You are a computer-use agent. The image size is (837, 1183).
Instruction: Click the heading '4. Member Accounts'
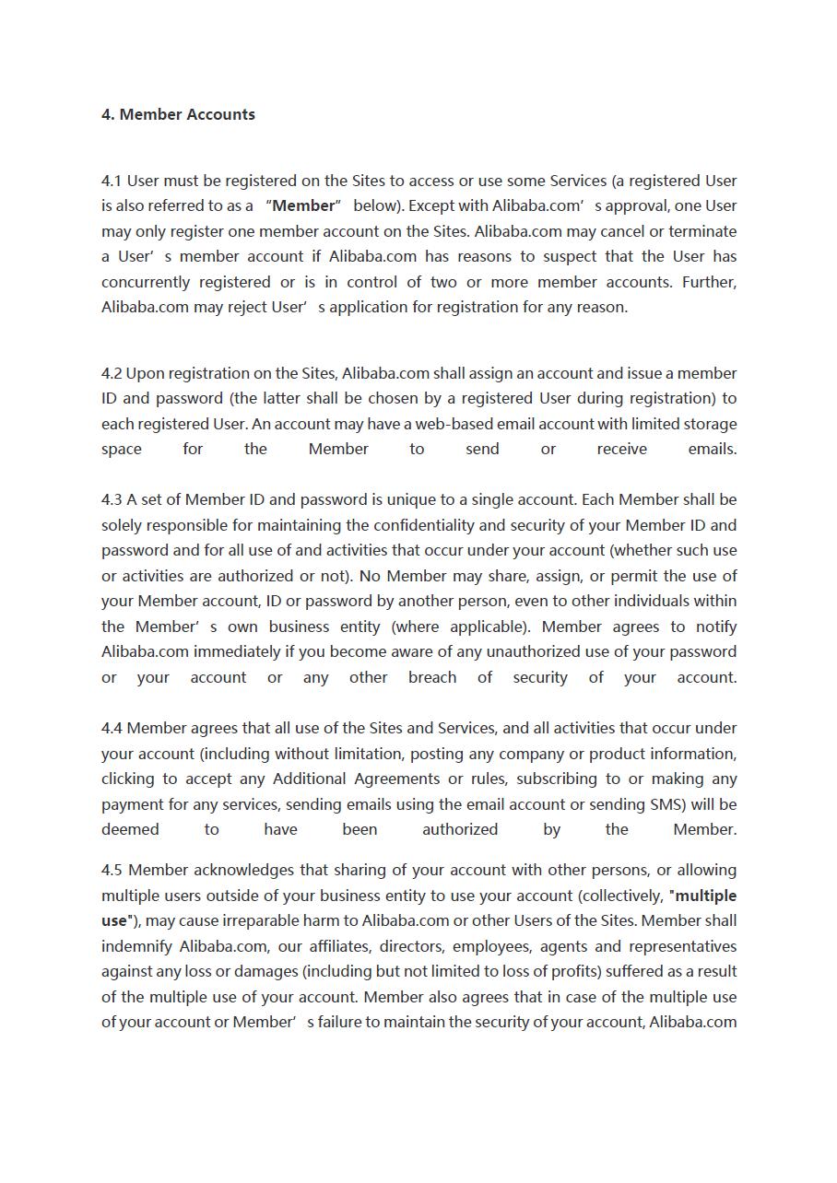[x=178, y=114]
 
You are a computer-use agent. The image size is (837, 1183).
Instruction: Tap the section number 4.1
[x=112, y=181]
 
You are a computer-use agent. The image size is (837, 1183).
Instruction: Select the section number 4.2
[x=112, y=373]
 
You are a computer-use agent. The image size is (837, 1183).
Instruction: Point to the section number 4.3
[x=112, y=499]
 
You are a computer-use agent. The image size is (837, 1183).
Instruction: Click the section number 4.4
[x=112, y=728]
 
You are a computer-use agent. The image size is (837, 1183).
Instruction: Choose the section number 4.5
[x=112, y=870]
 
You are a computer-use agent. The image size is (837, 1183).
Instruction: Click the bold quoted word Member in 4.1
[x=303, y=205]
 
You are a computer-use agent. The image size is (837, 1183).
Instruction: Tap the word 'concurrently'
[x=146, y=282]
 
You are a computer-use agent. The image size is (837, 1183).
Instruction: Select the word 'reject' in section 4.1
[x=245, y=307]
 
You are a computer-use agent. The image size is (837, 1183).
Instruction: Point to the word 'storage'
[x=708, y=424]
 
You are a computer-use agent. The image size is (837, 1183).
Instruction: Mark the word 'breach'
[x=432, y=677]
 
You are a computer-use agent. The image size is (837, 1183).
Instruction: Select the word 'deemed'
[x=130, y=829]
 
